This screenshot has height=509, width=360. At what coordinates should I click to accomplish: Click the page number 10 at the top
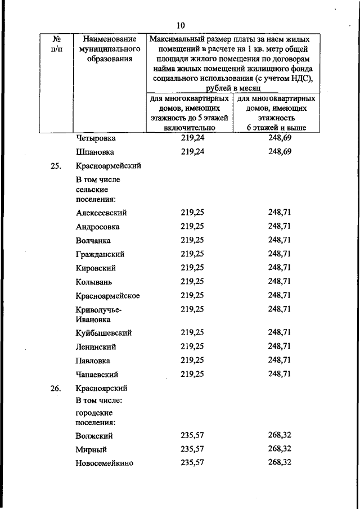coord(180,25)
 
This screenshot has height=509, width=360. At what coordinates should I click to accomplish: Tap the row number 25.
coord(55,166)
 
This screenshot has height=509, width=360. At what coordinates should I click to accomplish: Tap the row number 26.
coord(55,388)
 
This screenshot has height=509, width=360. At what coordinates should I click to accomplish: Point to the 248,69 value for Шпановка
coord(280,151)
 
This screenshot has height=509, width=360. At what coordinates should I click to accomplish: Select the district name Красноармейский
coord(108,166)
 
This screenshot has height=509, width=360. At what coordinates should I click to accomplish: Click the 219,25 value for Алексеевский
coord(192,213)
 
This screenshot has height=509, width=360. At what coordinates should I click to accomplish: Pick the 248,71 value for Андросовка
coord(280,226)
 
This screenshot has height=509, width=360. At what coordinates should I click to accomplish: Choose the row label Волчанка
coord(93,240)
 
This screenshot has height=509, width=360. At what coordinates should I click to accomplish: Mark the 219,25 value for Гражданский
coord(192,254)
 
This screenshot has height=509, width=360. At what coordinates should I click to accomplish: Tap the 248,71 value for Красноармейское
coord(280,295)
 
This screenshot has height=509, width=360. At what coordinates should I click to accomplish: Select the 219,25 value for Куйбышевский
coord(192,332)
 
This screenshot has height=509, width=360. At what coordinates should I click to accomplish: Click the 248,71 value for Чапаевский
coord(280,373)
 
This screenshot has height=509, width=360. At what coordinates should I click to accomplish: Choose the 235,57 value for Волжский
coord(192,436)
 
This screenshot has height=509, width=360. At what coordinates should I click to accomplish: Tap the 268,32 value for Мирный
coord(280,449)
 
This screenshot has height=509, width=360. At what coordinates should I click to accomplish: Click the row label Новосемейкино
coord(103,463)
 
